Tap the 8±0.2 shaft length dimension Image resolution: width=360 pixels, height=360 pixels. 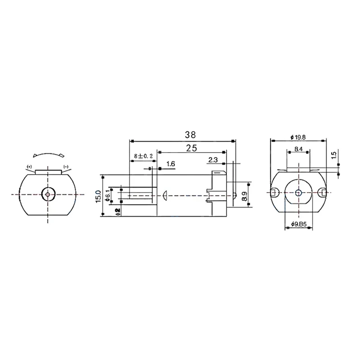(142, 156)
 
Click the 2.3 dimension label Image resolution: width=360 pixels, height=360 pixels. (214, 159)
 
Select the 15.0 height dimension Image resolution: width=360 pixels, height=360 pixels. (98, 195)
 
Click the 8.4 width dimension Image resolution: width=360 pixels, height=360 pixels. (298, 148)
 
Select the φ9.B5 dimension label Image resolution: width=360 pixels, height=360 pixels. (299, 224)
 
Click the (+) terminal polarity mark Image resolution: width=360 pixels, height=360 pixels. (29, 166)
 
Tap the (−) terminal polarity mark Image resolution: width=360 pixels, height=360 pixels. (65, 166)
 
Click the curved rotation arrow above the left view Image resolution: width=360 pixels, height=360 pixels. (47, 154)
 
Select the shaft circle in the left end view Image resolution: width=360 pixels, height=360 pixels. (47, 194)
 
